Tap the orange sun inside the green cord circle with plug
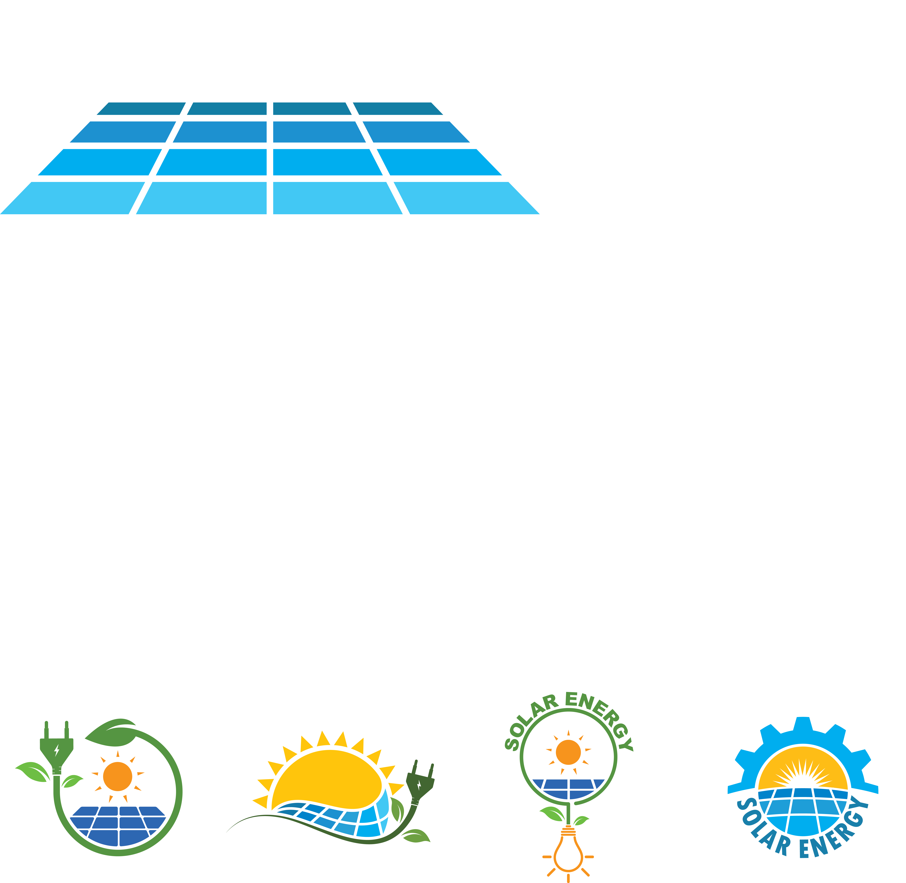coord(118,776)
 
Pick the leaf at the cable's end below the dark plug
coord(416,836)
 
